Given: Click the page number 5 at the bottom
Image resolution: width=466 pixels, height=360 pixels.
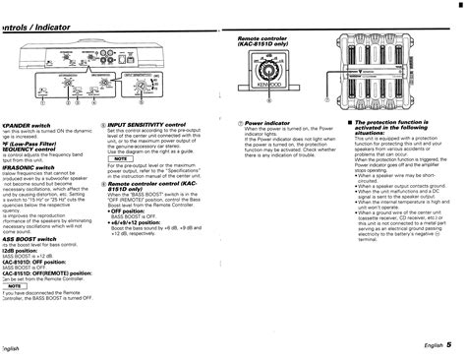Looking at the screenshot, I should pos(447,345).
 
